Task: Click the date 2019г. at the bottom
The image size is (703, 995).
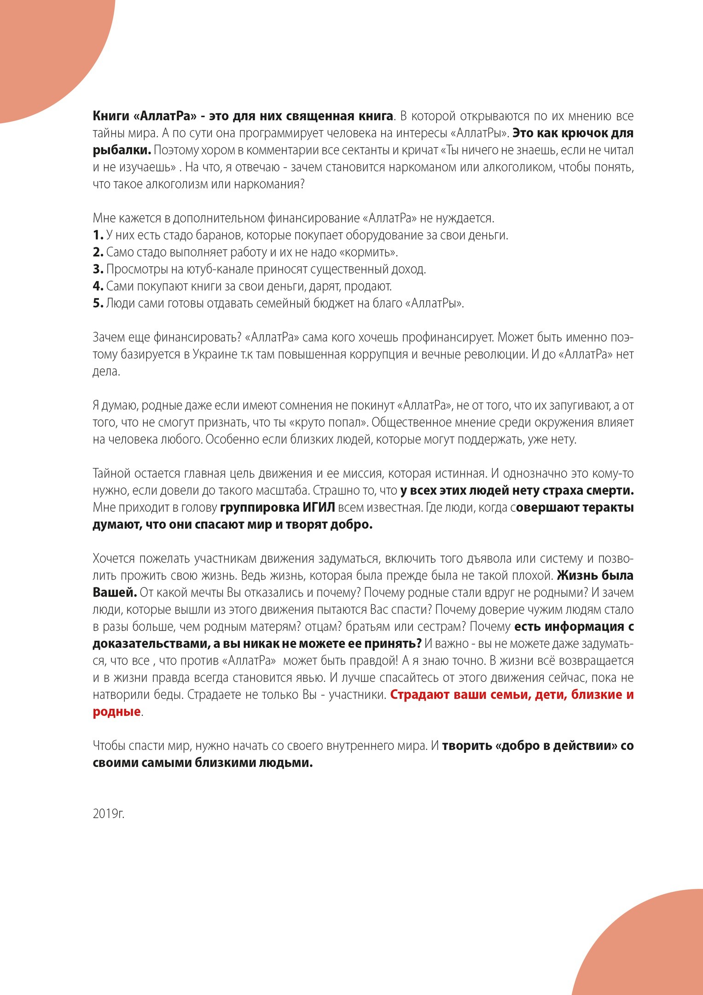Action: pyautogui.click(x=109, y=814)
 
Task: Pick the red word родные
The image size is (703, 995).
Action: pyautogui.click(x=116, y=712)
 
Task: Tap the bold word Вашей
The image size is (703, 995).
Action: pyautogui.click(x=115, y=592)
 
